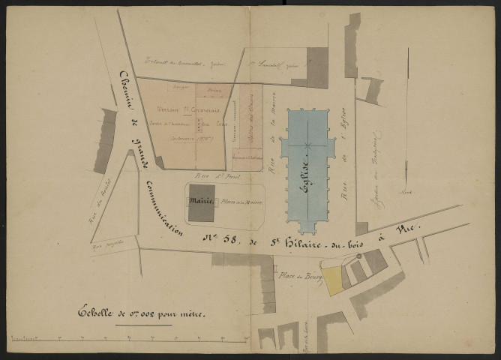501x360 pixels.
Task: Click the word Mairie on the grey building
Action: coord(202,201)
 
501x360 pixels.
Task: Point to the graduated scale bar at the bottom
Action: coord(127,342)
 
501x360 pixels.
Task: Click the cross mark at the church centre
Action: coord(307,143)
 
